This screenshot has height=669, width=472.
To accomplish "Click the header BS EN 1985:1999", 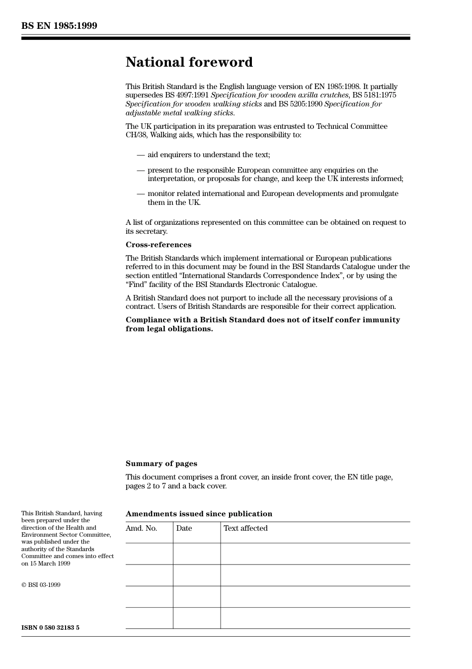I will (x=59, y=26).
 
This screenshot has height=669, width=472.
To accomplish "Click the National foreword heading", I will (x=189, y=62).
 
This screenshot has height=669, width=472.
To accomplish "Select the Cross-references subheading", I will (x=158, y=245).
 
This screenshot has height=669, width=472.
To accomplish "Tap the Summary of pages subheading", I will (x=161, y=464).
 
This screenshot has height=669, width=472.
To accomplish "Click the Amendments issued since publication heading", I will (x=199, y=514).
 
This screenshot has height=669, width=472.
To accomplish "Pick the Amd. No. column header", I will (x=141, y=528).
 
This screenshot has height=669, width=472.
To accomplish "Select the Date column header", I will (x=184, y=528).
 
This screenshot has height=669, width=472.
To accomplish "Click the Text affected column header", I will (x=245, y=528).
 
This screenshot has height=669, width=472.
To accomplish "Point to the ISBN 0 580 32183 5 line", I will (x=50, y=628).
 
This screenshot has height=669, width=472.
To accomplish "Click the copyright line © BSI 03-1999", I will (x=41, y=585).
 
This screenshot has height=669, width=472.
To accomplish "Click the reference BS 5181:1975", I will (x=374, y=95).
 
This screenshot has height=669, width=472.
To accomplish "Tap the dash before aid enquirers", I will (x=141, y=155).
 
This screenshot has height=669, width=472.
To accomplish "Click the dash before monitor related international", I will (x=141, y=194).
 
